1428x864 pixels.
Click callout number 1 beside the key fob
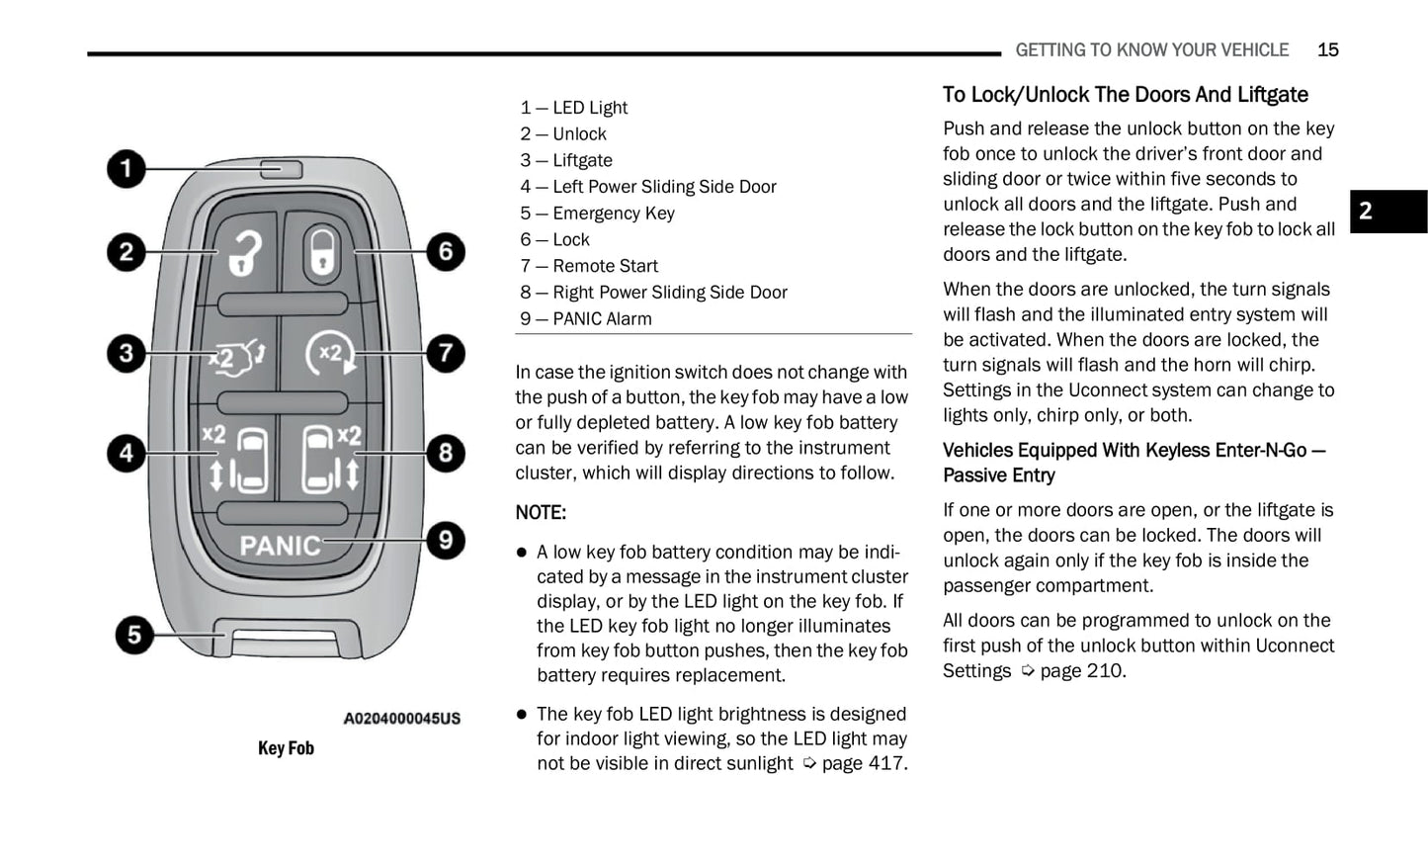point(126,169)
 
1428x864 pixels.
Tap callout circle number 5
point(134,634)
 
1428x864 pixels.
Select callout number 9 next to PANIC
point(446,540)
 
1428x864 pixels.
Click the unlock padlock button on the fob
point(244,253)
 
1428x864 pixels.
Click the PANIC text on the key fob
point(281,546)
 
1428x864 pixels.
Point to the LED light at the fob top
point(281,170)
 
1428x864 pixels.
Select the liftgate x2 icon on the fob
point(236,355)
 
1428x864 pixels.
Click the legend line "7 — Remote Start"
point(589,266)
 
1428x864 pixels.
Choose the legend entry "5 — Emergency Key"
point(597,214)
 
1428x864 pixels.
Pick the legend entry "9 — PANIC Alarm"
point(586,319)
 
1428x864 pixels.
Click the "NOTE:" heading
point(541,513)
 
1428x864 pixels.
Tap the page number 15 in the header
point(1327,50)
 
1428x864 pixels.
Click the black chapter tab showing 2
point(1387,212)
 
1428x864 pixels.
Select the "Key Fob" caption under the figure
point(286,748)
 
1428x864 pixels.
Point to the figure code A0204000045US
point(401,719)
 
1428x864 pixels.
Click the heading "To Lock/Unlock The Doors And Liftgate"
point(1125,95)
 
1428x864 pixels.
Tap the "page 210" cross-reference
point(1081,671)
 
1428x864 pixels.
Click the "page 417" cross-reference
point(864,764)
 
